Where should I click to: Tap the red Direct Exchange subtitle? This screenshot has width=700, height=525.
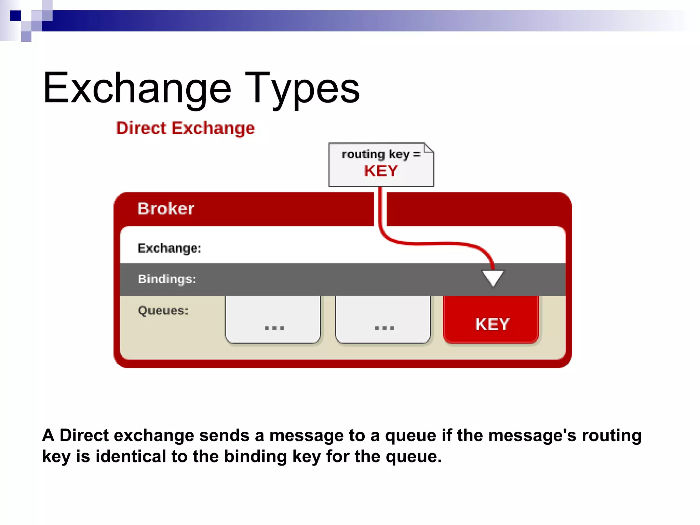click(185, 129)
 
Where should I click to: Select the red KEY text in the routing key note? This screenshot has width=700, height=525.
click(381, 171)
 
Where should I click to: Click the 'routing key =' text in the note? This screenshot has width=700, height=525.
click(380, 154)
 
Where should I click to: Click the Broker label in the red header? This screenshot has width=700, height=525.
click(165, 208)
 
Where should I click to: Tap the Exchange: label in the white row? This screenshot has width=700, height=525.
click(169, 248)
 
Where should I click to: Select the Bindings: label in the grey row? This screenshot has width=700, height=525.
click(167, 279)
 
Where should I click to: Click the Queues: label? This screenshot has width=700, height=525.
click(163, 310)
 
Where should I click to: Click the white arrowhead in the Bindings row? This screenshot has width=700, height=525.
click(493, 277)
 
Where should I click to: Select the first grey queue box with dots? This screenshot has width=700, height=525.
click(273, 320)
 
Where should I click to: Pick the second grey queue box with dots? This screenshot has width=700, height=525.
click(383, 320)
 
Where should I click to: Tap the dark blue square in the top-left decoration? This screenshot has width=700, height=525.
click(15, 16)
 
